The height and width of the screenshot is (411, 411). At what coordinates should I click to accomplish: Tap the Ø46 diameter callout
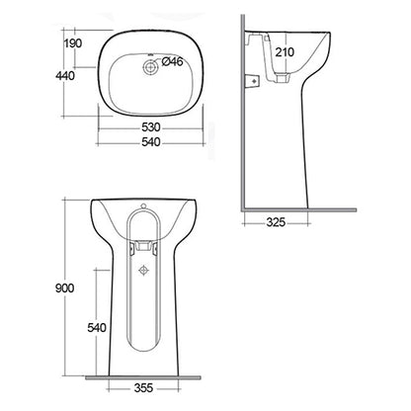(x=171, y=61)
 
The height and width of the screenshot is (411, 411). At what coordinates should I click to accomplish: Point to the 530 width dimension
(x=149, y=128)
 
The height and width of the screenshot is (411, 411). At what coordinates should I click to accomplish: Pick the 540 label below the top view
(x=149, y=143)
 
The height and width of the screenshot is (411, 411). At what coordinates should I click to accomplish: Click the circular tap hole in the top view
(x=149, y=67)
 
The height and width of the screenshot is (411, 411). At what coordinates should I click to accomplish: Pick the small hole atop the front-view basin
(x=144, y=207)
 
